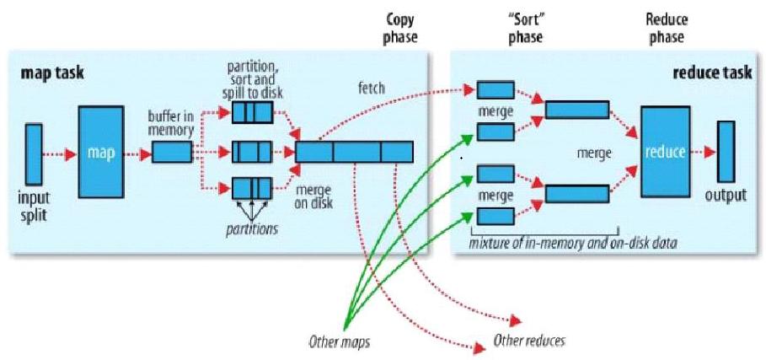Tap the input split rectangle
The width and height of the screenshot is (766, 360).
click(x=33, y=153)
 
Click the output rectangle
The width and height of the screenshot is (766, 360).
click(x=726, y=151)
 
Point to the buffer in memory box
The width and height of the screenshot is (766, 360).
click(x=171, y=153)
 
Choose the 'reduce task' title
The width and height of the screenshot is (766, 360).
click(x=710, y=73)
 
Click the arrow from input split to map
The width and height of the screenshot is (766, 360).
click(x=59, y=153)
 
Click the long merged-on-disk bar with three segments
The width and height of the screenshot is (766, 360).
click(x=354, y=152)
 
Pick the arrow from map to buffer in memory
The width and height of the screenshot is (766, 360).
click(x=134, y=153)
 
